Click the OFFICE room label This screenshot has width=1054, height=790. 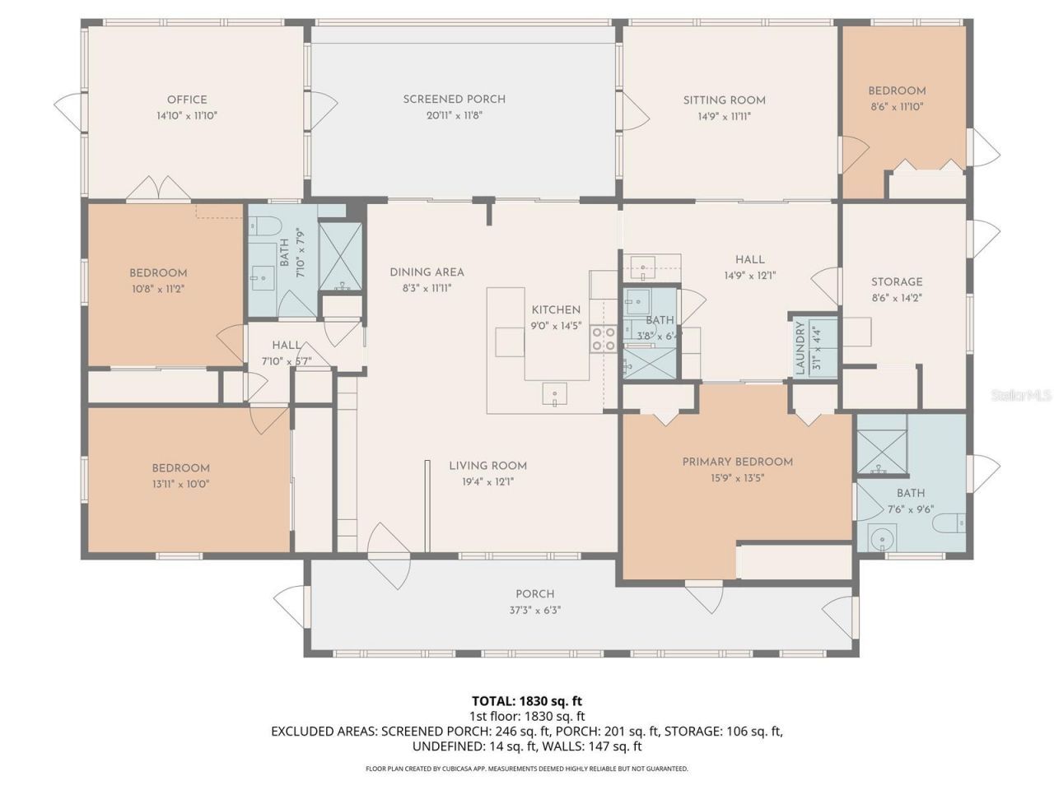(187, 100)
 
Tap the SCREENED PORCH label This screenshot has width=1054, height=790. (454, 100)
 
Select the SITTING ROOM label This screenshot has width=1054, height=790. (724, 100)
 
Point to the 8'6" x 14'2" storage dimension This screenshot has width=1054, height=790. (897, 298)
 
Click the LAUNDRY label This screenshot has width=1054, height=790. (800, 347)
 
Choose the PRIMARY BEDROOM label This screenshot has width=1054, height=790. (737, 462)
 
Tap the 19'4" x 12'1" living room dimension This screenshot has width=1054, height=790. (487, 482)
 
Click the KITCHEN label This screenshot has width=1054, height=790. (556, 309)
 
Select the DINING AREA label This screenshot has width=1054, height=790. (427, 272)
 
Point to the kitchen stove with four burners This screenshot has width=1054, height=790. (604, 339)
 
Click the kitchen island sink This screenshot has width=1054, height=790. (555, 396)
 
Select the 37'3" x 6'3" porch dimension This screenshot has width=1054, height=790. (534, 611)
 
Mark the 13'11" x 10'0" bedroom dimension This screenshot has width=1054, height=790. (180, 485)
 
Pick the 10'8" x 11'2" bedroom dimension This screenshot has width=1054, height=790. (158, 289)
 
